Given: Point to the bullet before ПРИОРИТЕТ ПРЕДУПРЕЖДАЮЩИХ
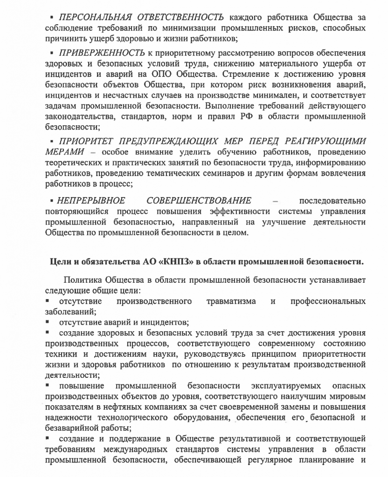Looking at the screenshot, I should click(x=53, y=141).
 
